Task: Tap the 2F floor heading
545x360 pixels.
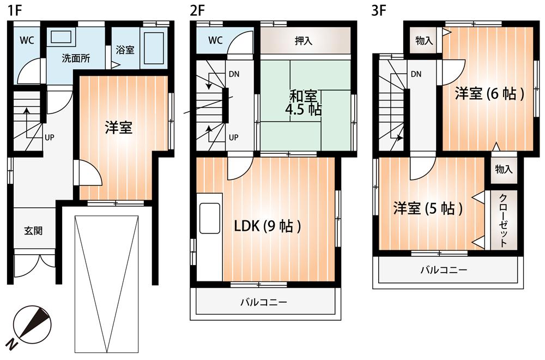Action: click(x=197, y=10)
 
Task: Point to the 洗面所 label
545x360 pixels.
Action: click(x=75, y=57)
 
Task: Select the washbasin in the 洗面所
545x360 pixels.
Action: click(x=60, y=37)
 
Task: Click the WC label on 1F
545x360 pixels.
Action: click(x=27, y=40)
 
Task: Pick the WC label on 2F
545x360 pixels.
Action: click(x=215, y=40)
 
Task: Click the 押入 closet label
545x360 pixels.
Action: click(x=304, y=41)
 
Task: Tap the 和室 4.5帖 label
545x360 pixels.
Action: click(x=303, y=103)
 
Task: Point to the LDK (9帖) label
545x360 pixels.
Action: click(x=268, y=226)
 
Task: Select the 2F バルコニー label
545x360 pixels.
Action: click(x=264, y=301)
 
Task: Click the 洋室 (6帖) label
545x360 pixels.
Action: click(x=489, y=94)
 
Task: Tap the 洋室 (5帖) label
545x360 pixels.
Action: click(x=428, y=208)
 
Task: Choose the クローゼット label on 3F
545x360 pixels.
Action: click(x=504, y=220)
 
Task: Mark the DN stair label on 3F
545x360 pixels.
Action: click(x=416, y=74)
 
